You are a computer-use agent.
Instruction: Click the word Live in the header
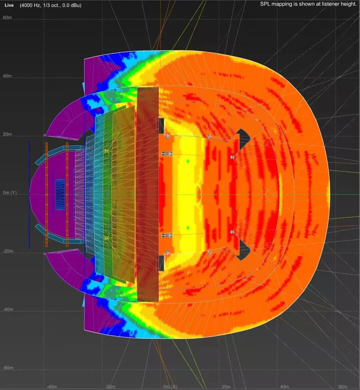tap(9, 5)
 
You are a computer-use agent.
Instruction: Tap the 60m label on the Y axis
tap(7, 17)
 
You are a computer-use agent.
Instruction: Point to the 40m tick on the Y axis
tap(7, 76)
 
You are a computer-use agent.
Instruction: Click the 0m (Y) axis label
tap(10, 193)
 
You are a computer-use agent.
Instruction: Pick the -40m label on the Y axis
tap(8, 309)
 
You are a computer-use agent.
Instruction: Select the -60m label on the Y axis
tap(8, 368)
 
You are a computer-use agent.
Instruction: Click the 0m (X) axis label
tap(170, 387)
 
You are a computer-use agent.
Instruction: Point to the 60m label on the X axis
tap(343, 387)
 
